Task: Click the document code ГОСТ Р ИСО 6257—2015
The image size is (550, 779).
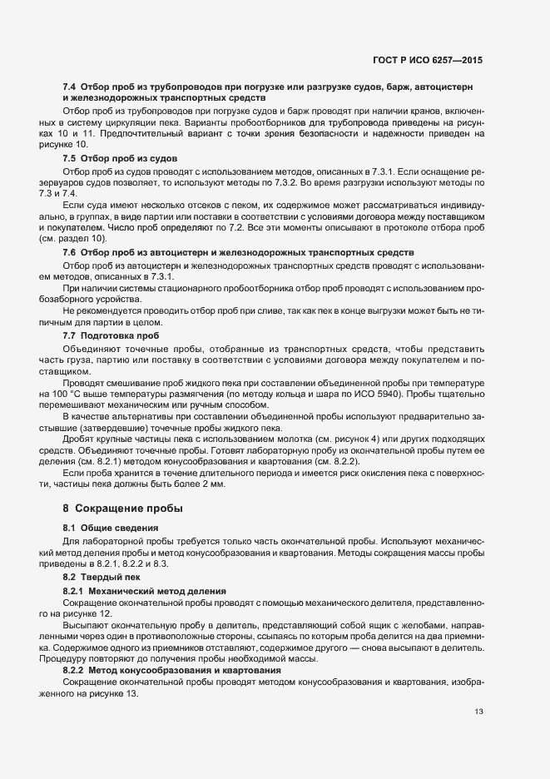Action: (428, 61)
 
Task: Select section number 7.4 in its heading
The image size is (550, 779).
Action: (70, 87)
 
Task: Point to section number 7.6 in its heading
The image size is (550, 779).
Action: (70, 251)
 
